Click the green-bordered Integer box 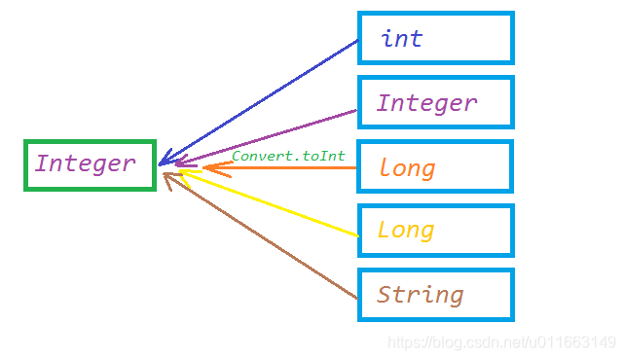coord(90,164)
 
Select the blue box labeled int coord(435,39)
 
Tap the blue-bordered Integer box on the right coord(435,102)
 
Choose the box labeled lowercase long coord(435,166)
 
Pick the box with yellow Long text coord(435,231)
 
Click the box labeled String coord(435,295)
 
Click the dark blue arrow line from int coord(263,98)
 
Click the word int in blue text coord(402,39)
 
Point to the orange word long coord(407,168)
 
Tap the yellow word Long coord(406,231)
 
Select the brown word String coord(420,294)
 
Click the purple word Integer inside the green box coord(85,163)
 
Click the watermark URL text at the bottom coord(501,342)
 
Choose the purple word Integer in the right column coord(426,103)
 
